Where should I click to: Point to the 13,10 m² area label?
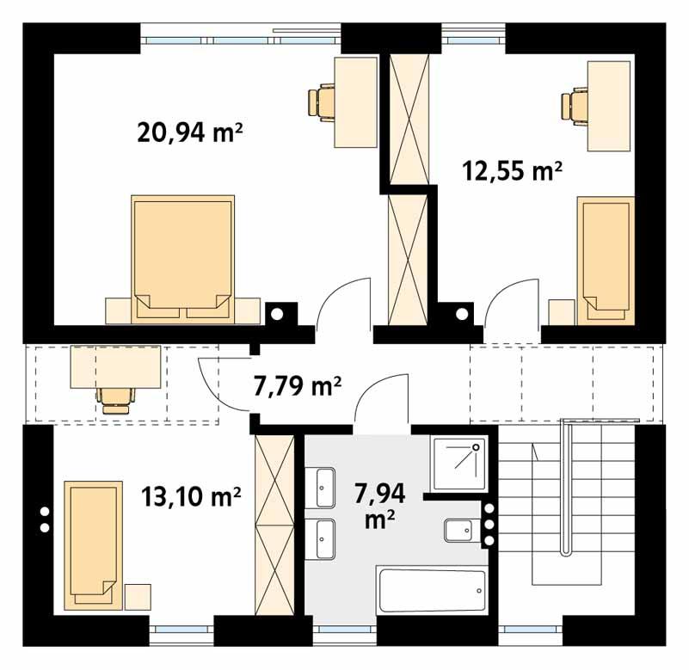click(x=190, y=496)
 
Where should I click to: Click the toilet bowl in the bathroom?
click(x=455, y=532)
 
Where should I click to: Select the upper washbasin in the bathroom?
click(x=325, y=487)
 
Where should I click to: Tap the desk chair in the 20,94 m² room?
click(x=319, y=101)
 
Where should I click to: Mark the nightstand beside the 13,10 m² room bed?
click(x=138, y=597)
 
